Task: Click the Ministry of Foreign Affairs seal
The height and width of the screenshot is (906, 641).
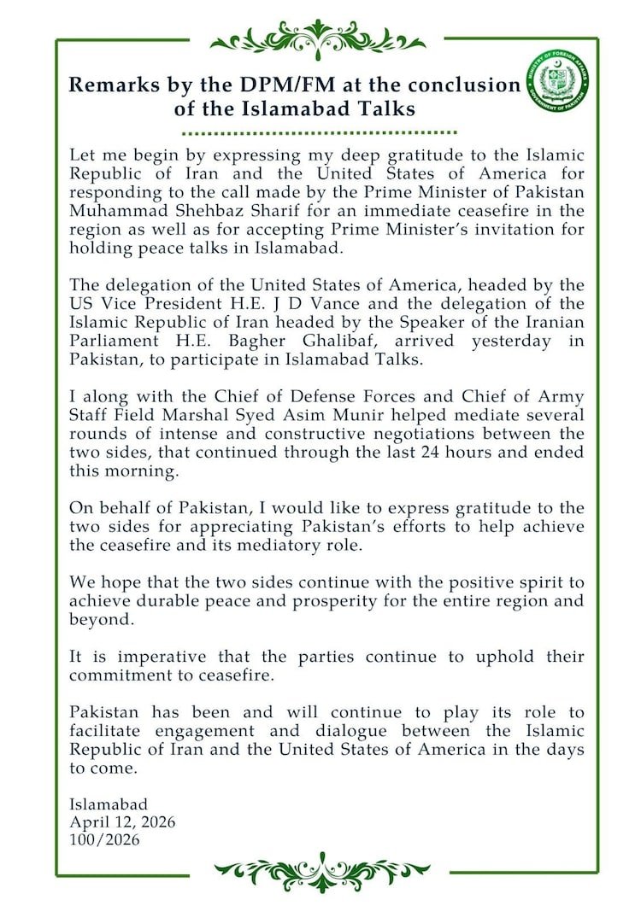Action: pyautogui.click(x=561, y=84)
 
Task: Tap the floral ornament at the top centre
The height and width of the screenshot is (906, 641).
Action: pyautogui.click(x=318, y=39)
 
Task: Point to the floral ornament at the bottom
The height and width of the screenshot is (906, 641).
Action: pyautogui.click(x=320, y=873)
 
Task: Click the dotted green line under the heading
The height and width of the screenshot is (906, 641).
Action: pyautogui.click(x=320, y=132)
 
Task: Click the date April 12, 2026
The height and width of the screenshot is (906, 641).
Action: pyautogui.click(x=122, y=821)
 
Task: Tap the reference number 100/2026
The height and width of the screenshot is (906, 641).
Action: pyautogui.click(x=104, y=839)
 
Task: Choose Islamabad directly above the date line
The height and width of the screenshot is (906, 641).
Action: pyautogui.click(x=108, y=804)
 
